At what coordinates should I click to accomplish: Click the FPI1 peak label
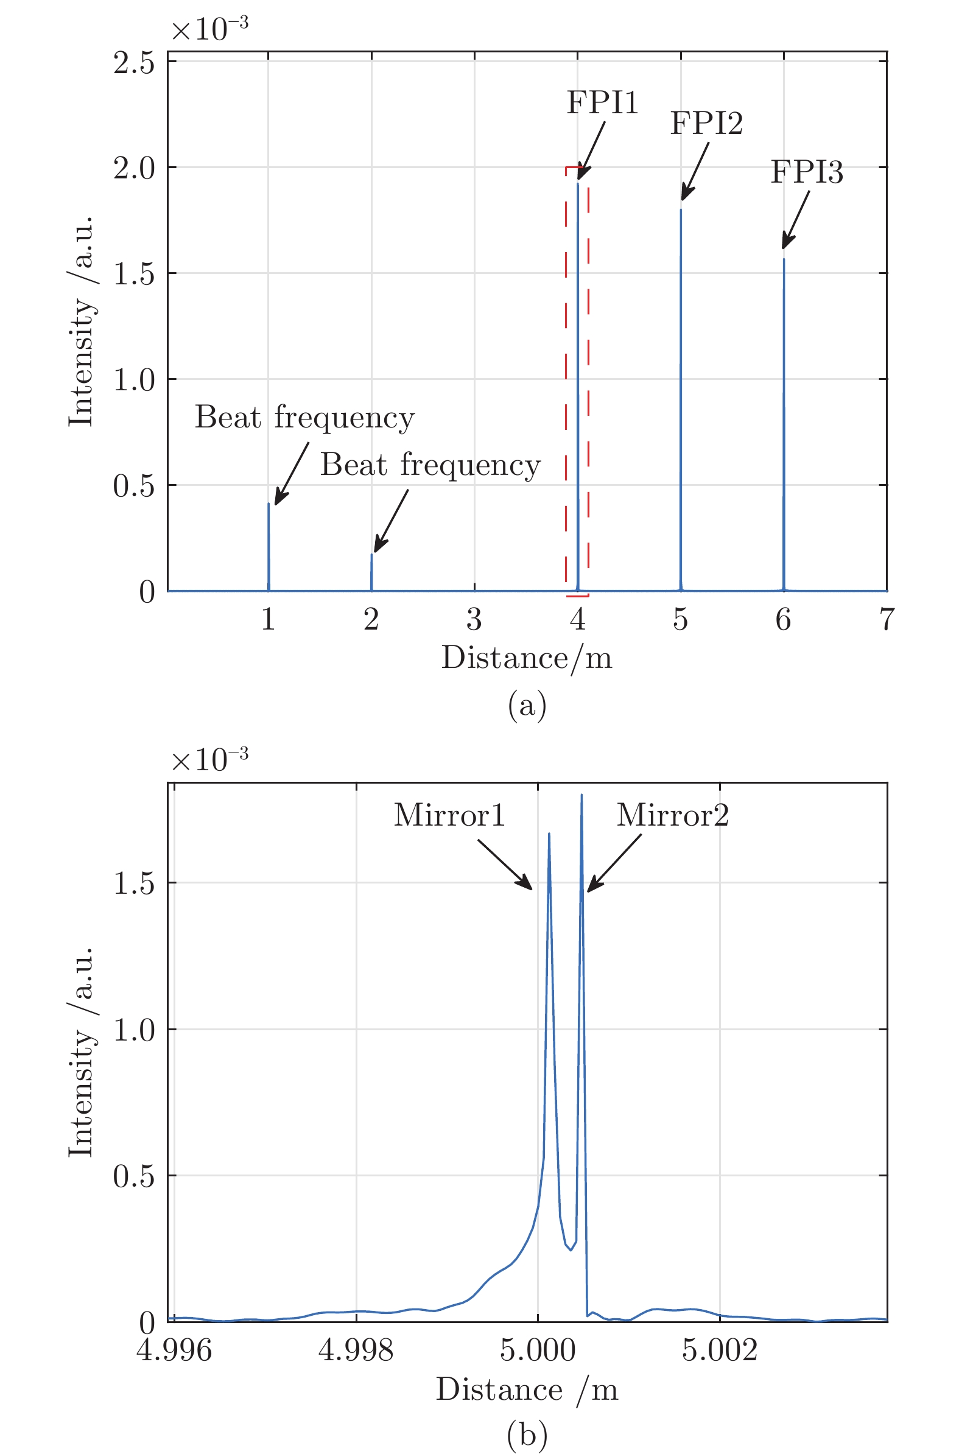(602, 102)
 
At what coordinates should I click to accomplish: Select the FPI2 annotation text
(706, 123)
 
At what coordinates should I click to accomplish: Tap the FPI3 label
(807, 172)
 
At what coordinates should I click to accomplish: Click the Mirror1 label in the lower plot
(449, 815)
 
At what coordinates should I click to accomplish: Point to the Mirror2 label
(673, 815)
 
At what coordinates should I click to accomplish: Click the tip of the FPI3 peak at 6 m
(784, 259)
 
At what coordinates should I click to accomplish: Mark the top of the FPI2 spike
(681, 209)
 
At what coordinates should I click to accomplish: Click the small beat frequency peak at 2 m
(371, 554)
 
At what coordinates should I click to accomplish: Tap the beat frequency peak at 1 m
(269, 503)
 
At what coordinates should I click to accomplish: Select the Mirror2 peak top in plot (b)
(581, 795)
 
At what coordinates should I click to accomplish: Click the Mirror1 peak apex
(549, 834)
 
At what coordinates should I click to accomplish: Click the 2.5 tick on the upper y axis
(134, 62)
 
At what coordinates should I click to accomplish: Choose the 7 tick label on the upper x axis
(886, 619)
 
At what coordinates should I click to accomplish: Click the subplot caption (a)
(527, 706)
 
